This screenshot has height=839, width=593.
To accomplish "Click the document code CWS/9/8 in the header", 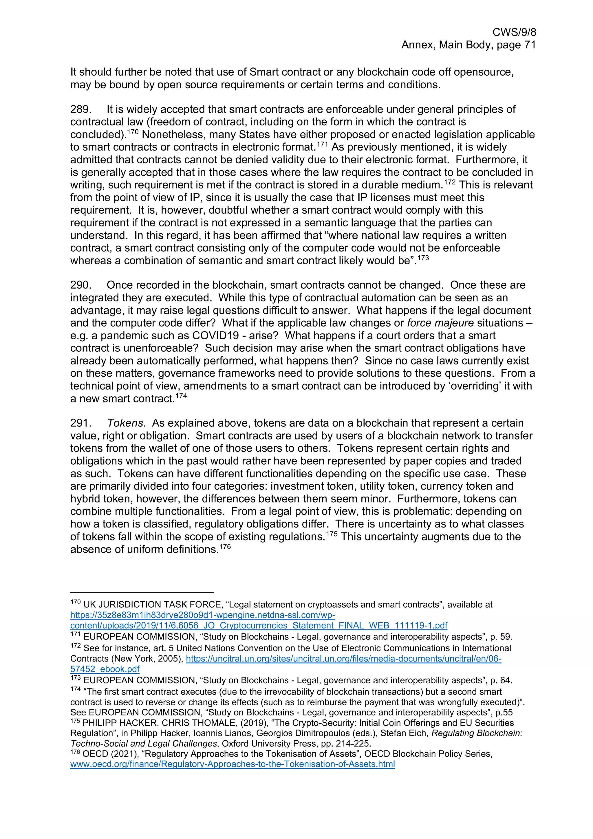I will (x=514, y=32).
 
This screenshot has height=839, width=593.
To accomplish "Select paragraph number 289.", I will (x=81, y=109).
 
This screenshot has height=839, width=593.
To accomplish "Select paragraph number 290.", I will (x=81, y=285).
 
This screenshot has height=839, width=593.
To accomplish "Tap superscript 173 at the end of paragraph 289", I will (x=423, y=258).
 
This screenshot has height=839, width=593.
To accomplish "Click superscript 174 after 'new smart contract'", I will (x=181, y=396).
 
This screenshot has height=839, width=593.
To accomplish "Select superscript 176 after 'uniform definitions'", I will (x=225, y=547).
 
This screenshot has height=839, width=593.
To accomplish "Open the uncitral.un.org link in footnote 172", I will (x=343, y=659).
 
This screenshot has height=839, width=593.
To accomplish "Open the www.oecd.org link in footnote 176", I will (x=233, y=764).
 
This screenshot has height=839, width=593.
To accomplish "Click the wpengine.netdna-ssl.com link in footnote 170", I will (x=203, y=615).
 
